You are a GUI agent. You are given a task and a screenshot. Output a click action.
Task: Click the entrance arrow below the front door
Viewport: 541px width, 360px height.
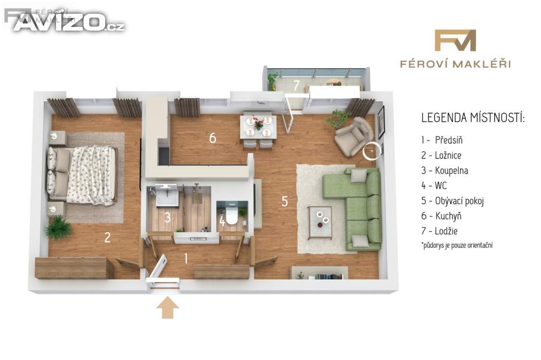[167, 308]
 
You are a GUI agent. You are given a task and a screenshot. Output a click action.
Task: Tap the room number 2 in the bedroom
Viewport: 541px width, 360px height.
[107, 237]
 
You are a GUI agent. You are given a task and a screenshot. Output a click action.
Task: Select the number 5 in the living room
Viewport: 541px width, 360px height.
[285, 201]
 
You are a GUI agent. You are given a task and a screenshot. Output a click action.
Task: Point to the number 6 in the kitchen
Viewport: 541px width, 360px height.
[213, 138]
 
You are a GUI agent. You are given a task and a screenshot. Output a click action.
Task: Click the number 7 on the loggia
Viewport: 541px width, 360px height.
[296, 85]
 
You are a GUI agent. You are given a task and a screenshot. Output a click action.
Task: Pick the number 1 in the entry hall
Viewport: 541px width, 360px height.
[186, 258]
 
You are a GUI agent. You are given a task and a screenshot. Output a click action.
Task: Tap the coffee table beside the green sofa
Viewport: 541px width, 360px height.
[320, 222]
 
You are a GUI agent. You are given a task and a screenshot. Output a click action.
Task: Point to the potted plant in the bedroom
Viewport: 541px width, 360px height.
[58, 227]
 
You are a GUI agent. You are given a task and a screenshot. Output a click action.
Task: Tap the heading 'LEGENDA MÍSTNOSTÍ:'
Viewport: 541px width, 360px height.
[473, 118]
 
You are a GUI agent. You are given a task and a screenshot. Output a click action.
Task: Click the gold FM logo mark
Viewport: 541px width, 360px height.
[455, 40]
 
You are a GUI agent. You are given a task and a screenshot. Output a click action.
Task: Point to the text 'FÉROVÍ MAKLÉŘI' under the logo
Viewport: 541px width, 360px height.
[455, 64]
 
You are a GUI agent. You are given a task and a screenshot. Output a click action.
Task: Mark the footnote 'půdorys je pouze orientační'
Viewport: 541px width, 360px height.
[457, 245]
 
